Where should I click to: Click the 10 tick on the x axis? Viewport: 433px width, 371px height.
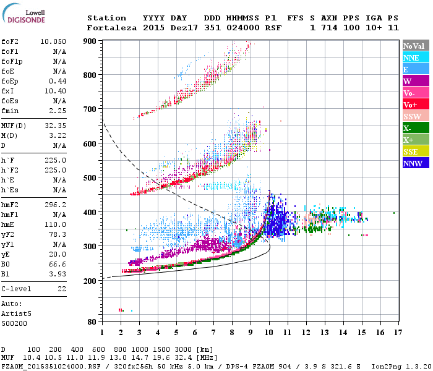coord(269,333)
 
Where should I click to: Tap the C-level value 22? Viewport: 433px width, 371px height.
coord(62,289)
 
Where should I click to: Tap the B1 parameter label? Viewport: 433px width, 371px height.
coord(6,274)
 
